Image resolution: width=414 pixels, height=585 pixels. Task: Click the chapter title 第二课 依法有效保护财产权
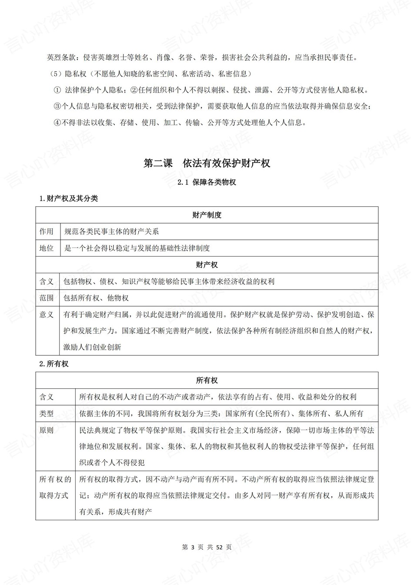tap(207, 163)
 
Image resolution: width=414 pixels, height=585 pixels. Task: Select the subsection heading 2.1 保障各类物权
tap(207, 182)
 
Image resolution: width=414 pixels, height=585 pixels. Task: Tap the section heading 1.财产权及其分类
tap(69, 198)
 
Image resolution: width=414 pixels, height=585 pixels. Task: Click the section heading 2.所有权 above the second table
tap(54, 364)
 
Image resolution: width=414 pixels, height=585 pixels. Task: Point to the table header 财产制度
tap(207, 215)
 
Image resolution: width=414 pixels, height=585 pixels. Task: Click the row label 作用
tap(47, 231)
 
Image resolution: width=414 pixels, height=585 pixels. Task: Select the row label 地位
tap(47, 248)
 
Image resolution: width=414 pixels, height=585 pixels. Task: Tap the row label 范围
tap(47, 298)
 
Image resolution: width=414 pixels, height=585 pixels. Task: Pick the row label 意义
tap(47, 314)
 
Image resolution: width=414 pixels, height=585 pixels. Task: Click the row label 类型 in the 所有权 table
tap(47, 413)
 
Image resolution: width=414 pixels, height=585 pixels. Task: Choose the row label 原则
tap(47, 430)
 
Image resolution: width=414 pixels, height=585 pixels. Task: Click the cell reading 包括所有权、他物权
tap(96, 298)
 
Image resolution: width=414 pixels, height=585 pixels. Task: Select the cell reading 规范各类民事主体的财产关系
tap(111, 231)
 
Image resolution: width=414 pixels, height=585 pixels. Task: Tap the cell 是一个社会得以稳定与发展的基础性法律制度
tap(137, 248)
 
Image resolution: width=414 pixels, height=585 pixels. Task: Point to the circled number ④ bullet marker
tap(57, 122)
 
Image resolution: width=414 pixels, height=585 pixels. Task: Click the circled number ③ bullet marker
tap(57, 106)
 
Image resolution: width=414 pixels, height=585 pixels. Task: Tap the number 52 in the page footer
tap(219, 547)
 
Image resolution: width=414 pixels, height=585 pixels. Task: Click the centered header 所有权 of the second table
tap(207, 380)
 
